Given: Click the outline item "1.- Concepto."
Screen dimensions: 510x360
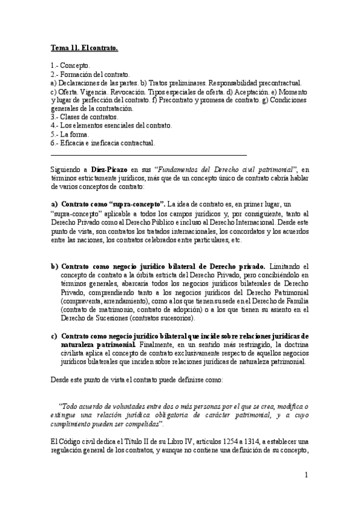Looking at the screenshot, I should [71, 65].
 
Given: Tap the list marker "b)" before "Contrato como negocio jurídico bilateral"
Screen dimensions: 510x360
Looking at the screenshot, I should [54, 266].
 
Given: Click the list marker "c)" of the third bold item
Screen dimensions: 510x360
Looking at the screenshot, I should [54, 336].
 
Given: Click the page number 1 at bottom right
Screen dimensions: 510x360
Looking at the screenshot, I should [306, 475].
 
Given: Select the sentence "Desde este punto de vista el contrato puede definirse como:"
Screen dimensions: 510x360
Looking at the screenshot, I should [136, 379].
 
